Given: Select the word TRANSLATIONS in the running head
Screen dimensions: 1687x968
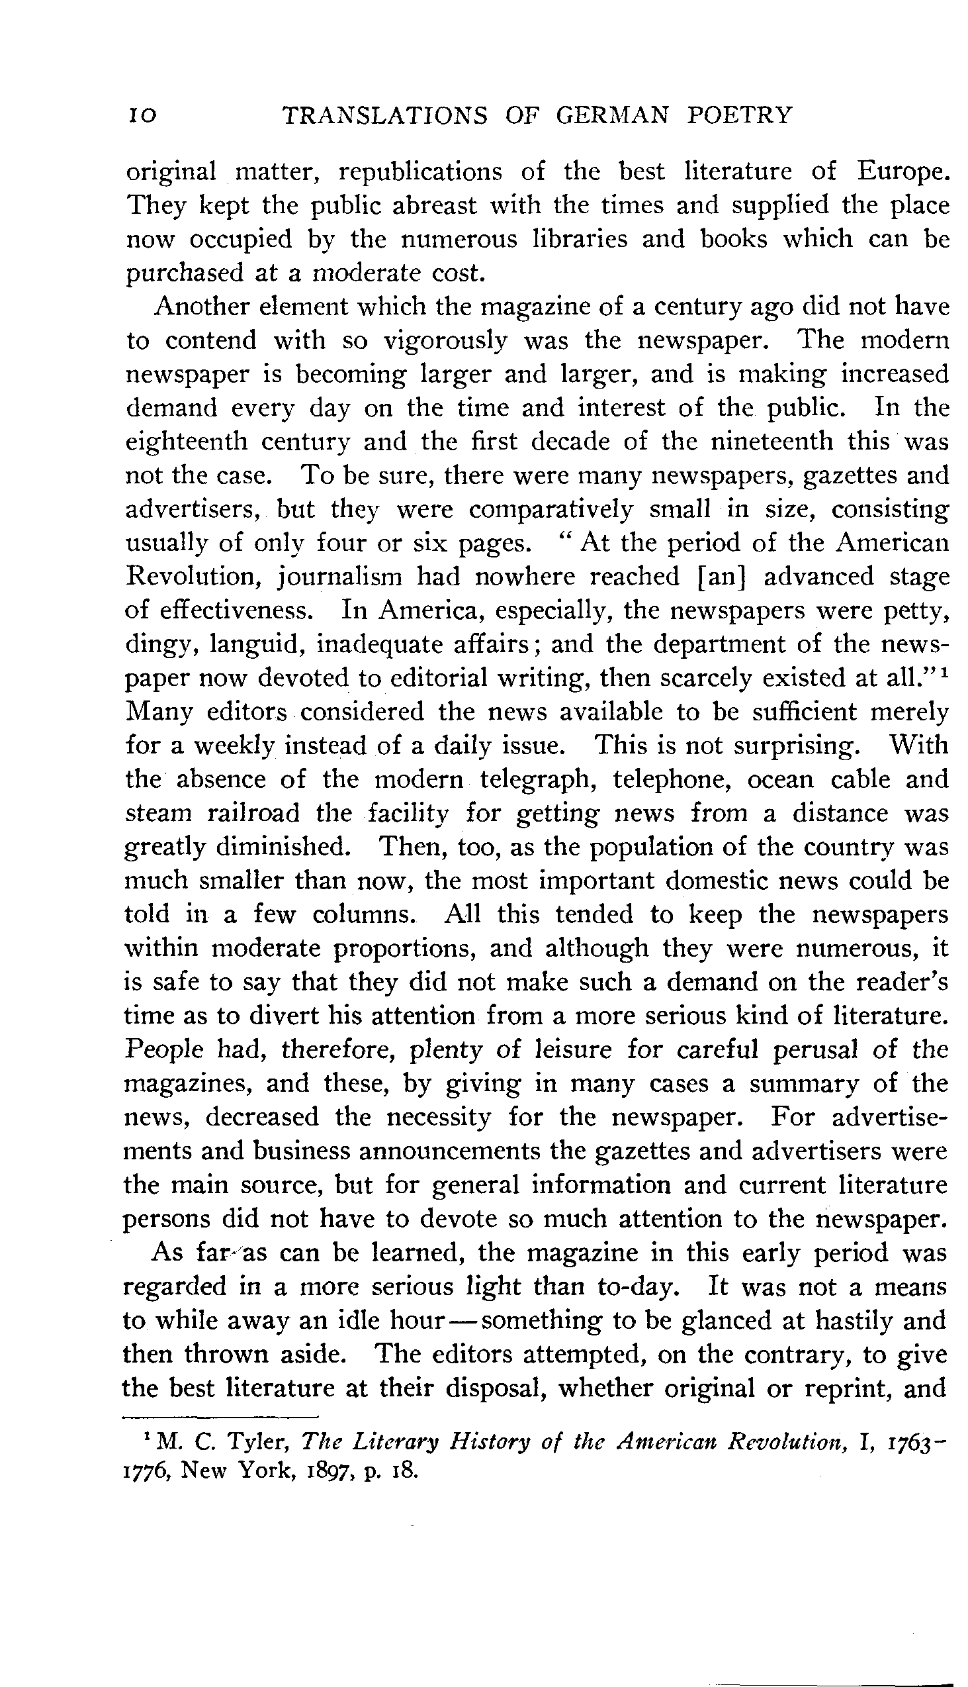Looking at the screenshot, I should pyautogui.click(x=385, y=116).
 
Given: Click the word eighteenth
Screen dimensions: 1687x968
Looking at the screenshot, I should pyautogui.click(x=185, y=442).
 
